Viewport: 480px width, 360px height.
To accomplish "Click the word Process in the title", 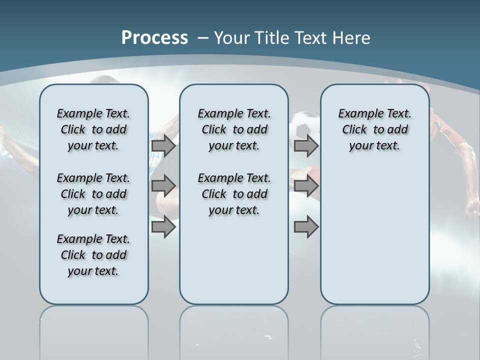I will click(x=154, y=37).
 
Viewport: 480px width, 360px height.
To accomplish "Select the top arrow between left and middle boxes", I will click(x=163, y=146).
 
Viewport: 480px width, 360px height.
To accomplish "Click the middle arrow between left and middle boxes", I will click(x=163, y=186).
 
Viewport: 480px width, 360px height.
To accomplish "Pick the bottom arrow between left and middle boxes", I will click(x=163, y=227).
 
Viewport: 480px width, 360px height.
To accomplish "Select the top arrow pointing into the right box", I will click(x=306, y=146).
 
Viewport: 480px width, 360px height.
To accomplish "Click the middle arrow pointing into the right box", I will click(x=306, y=186).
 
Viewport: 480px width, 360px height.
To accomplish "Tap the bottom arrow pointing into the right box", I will click(x=306, y=227).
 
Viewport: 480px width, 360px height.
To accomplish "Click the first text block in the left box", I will click(x=93, y=129).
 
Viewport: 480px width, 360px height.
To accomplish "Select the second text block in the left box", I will click(x=93, y=194).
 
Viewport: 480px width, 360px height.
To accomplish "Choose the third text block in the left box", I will click(x=93, y=255).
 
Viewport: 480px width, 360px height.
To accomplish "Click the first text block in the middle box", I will click(x=234, y=129).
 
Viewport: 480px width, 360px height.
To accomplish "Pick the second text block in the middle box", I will click(x=234, y=194).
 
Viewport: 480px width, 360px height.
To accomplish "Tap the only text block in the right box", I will click(x=374, y=129).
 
